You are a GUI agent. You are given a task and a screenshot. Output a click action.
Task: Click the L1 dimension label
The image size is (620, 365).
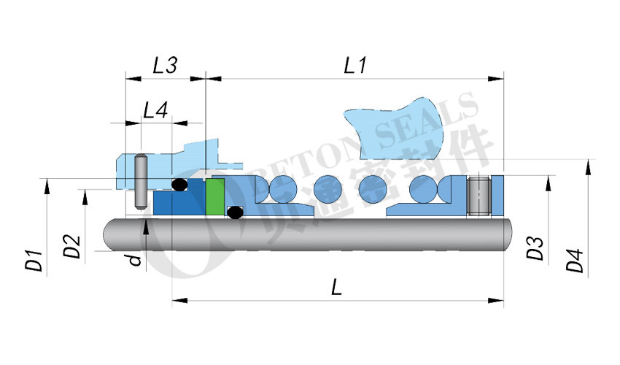(354, 65)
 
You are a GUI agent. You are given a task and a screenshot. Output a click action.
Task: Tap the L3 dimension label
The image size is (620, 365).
(165, 65)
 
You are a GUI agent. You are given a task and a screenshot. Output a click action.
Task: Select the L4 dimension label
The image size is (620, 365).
(155, 111)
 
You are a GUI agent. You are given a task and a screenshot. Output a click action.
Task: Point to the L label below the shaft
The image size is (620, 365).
(336, 287)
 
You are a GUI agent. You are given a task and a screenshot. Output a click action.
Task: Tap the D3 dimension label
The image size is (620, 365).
(535, 248)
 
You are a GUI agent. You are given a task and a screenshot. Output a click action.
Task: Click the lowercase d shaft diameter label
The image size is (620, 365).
(134, 258)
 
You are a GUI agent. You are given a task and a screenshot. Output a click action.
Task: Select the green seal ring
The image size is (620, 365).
(214, 196)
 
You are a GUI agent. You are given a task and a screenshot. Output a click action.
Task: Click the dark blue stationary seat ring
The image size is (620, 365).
(179, 202)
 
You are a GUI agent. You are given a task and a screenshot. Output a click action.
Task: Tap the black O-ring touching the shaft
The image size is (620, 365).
(234, 213)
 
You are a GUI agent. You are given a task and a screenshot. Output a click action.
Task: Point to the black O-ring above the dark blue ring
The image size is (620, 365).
(179, 184)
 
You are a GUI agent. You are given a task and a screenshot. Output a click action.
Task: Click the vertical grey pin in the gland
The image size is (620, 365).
(142, 181)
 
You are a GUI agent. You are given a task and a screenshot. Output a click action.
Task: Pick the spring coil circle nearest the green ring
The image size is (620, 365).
(278, 190)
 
